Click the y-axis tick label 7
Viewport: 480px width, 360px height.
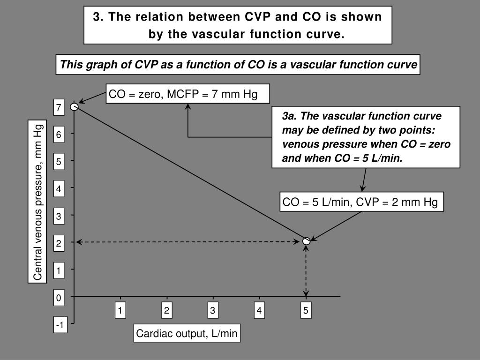coord(59,108)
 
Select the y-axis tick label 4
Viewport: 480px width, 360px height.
coord(59,189)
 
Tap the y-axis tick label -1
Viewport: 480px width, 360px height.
coord(60,325)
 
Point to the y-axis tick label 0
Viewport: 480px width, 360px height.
coord(59,298)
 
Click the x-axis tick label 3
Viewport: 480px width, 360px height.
coord(213,310)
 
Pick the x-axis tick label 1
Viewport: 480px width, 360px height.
coord(120,310)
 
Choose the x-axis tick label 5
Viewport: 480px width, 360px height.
coord(306,310)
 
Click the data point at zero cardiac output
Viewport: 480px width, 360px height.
coord(74,107)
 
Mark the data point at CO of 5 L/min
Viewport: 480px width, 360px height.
coord(307,241)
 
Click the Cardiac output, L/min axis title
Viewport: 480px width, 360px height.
coord(187,334)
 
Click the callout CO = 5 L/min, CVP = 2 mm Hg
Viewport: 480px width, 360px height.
coord(360,202)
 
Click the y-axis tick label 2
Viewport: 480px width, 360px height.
coord(59,244)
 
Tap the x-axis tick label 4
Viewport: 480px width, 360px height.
coord(259,310)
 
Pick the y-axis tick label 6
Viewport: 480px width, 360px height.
coord(59,135)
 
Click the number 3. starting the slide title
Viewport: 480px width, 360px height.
coord(97,17)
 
